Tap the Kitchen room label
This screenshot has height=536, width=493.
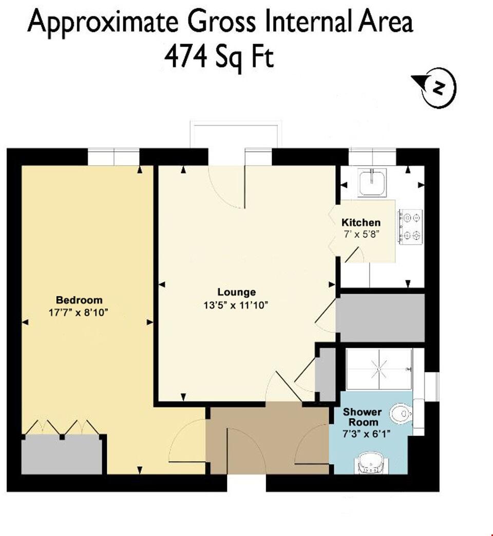click(x=361, y=223)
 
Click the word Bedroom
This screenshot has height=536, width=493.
click(x=79, y=300)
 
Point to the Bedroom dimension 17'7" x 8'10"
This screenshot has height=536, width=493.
click(x=79, y=312)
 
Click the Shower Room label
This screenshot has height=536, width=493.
click(x=362, y=417)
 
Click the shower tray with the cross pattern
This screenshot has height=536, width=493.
click(x=379, y=369)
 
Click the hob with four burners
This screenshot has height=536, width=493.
click(x=409, y=226)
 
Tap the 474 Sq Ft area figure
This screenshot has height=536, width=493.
click(x=219, y=57)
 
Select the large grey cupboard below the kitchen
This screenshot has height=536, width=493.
click(x=380, y=317)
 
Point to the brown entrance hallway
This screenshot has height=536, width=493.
click(x=267, y=439)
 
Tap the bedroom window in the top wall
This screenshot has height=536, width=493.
click(x=113, y=156)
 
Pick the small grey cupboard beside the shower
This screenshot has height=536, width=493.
click(x=325, y=375)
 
